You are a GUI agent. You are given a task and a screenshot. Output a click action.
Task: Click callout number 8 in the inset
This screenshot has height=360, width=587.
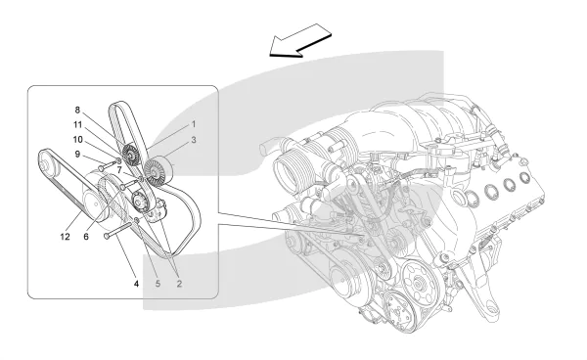(x=77, y=110)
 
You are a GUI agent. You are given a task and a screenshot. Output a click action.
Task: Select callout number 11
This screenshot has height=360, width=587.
(x=77, y=124)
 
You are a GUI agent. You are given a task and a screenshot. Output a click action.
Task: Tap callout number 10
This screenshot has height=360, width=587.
(x=78, y=140)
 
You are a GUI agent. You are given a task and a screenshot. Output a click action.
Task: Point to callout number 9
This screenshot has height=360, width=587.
(x=77, y=154)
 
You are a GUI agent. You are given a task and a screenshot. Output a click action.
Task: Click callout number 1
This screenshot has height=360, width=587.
(x=194, y=124)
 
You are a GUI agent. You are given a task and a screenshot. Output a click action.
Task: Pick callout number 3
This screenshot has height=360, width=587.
(x=194, y=140)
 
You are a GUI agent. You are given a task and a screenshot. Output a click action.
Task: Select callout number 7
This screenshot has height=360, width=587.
(x=119, y=170)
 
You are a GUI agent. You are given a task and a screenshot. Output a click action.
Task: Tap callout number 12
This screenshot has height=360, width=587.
(x=65, y=237)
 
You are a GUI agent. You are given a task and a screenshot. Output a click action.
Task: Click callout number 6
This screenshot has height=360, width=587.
(x=86, y=237)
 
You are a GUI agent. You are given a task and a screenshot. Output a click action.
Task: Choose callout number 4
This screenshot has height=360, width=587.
(x=136, y=284)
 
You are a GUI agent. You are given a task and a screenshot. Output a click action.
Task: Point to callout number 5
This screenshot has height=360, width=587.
(x=158, y=284)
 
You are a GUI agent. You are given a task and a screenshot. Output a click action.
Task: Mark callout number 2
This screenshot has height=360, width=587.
(x=179, y=284)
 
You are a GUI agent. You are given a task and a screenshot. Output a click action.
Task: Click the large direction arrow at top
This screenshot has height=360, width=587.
(x=300, y=40)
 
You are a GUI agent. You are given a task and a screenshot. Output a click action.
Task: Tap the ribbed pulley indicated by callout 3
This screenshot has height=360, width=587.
(x=154, y=172)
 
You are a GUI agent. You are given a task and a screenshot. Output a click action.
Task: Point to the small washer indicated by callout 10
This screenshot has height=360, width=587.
(x=118, y=160)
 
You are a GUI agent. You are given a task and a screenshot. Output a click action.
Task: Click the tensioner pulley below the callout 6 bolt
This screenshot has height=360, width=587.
(x=140, y=202)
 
